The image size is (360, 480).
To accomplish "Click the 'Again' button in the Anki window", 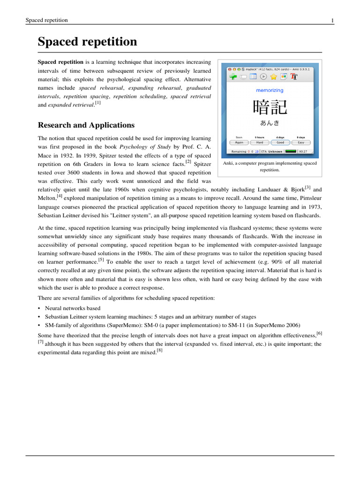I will tap(239, 142).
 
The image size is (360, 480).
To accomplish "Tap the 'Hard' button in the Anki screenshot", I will tap(259, 142).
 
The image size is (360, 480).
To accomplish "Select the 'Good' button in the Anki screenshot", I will tap(280, 142).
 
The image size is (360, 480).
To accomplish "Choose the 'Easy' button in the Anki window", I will tap(301, 142).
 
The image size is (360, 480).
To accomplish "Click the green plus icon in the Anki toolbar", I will tap(232, 77).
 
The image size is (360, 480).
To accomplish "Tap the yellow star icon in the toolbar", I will tap(273, 77).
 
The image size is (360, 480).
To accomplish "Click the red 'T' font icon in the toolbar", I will tap(294, 77).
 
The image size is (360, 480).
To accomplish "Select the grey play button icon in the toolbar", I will tap(263, 77).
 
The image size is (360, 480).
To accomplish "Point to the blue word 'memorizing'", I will tap(270, 90).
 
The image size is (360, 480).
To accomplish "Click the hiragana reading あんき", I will tap(270, 123).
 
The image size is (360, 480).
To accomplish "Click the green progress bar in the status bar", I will tap(291, 151).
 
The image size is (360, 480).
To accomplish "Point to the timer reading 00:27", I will tap(303, 151).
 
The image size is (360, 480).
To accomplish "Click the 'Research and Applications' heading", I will tap(86, 125).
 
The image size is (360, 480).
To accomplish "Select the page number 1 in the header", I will tap(332, 20).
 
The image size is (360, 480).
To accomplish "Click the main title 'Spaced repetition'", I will tap(87, 42).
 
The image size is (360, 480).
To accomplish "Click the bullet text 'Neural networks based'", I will tap(73, 308).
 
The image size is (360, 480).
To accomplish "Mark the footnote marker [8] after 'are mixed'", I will tap(159, 350).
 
